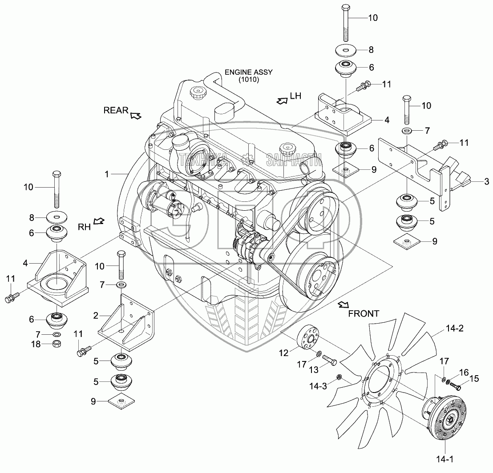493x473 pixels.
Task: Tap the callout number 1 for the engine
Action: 107,175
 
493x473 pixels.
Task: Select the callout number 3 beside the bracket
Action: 486,181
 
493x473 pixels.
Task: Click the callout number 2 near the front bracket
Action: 96,316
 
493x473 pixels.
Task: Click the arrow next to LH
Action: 282,101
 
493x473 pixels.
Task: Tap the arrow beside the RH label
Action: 100,220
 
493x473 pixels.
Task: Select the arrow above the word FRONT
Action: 343,305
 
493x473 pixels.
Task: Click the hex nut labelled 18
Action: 57,343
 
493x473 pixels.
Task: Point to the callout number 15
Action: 474,378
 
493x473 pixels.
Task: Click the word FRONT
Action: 364,313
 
